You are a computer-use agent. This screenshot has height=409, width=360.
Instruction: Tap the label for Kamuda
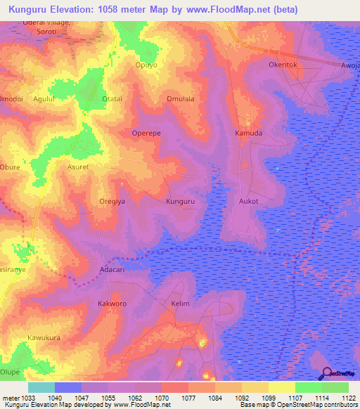pos(248,133)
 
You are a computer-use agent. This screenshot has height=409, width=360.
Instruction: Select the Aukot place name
pos(249,201)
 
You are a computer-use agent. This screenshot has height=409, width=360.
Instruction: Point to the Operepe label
pos(147,133)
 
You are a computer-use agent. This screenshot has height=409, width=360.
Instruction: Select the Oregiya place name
pos(111,201)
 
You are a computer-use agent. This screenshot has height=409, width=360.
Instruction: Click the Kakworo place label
pos(111,304)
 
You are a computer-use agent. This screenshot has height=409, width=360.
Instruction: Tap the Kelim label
pos(181,304)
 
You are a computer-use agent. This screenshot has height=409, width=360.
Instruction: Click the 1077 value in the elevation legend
pos(188,398)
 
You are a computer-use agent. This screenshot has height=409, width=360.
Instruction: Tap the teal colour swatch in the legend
pos(41,387)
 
